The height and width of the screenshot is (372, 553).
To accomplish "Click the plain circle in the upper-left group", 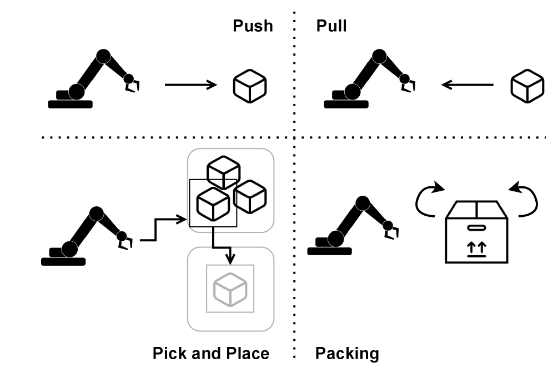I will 103,56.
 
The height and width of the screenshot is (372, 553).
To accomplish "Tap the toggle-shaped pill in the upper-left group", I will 70,92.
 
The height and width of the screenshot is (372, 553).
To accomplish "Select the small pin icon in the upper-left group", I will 129,80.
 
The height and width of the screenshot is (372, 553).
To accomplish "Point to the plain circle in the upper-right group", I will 379,56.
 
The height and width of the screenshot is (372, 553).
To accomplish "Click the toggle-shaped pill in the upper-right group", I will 346,92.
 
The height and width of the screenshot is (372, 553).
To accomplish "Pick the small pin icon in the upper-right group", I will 405,80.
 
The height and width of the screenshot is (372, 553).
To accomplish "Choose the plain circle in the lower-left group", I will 97,214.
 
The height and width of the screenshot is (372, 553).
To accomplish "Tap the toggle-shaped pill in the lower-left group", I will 63,250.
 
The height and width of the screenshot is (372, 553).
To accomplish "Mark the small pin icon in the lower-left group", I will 122,237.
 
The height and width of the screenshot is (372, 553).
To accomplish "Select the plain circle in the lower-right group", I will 363,204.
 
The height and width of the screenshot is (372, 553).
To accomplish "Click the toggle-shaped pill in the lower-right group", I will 329,240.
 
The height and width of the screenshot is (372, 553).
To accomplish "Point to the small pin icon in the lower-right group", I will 388,226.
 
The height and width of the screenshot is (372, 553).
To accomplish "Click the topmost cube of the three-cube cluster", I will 224,172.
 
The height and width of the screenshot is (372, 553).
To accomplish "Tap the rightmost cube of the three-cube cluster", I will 250,196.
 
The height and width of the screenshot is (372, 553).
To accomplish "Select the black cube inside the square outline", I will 213,204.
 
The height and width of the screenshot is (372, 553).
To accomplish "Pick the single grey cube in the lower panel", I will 230,289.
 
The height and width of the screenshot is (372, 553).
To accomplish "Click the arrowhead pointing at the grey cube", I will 230,259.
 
